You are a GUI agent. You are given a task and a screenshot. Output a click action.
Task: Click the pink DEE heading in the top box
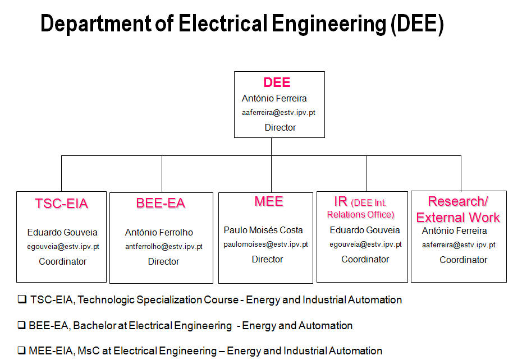click(x=277, y=82)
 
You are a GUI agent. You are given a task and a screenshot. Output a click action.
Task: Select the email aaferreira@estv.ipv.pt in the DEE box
click(x=278, y=113)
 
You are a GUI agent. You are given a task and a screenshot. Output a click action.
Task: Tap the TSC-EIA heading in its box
click(x=62, y=204)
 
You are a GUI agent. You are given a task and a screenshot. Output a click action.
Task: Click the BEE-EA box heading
click(x=161, y=203)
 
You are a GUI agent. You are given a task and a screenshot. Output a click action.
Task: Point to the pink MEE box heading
click(x=269, y=201)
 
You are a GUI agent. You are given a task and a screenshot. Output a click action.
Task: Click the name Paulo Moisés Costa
click(x=263, y=230)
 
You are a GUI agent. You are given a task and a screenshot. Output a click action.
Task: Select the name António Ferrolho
click(x=159, y=233)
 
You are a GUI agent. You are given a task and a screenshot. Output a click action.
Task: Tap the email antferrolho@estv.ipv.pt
click(x=163, y=247)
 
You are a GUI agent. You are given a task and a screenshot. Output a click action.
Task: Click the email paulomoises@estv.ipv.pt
click(x=265, y=244)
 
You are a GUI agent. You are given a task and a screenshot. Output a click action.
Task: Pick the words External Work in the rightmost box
click(x=458, y=218)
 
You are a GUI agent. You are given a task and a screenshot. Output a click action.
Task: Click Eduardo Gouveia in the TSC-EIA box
click(x=62, y=233)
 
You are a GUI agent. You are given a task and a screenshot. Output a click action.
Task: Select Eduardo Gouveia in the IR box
click(x=365, y=230)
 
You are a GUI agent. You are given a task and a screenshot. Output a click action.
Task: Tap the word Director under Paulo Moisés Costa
click(x=267, y=259)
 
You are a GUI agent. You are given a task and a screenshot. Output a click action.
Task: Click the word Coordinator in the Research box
click(x=463, y=260)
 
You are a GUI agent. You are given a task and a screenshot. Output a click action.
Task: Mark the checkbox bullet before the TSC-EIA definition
click(x=22, y=299)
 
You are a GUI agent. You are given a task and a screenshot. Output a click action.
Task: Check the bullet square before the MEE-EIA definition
click(x=21, y=350)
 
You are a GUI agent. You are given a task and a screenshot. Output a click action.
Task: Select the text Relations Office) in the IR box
click(x=360, y=215)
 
